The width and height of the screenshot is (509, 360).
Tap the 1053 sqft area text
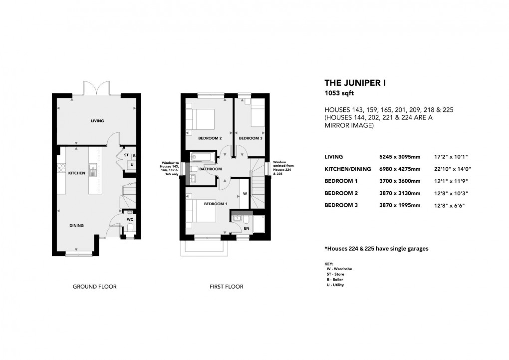click(x=339, y=93)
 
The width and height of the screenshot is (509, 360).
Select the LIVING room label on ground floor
click(x=97, y=121)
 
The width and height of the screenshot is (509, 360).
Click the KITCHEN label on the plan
click(x=77, y=173)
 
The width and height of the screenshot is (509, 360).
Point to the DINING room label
click(x=76, y=226)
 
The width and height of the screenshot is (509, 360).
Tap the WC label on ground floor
click(x=129, y=219)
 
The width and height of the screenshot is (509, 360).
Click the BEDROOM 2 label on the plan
click(x=210, y=138)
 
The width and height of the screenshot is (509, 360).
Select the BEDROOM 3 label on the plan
click(x=251, y=138)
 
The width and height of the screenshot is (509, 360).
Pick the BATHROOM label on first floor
click(x=210, y=169)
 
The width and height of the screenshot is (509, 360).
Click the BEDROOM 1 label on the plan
click(x=216, y=204)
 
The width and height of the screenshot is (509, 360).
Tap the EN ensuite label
click(x=246, y=229)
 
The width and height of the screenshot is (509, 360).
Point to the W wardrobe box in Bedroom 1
click(x=245, y=193)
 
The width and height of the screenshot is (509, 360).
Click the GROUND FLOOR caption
click(x=94, y=287)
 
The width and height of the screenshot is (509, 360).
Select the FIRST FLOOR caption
click(x=227, y=287)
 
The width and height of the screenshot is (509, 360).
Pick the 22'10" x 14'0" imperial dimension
click(x=453, y=169)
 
